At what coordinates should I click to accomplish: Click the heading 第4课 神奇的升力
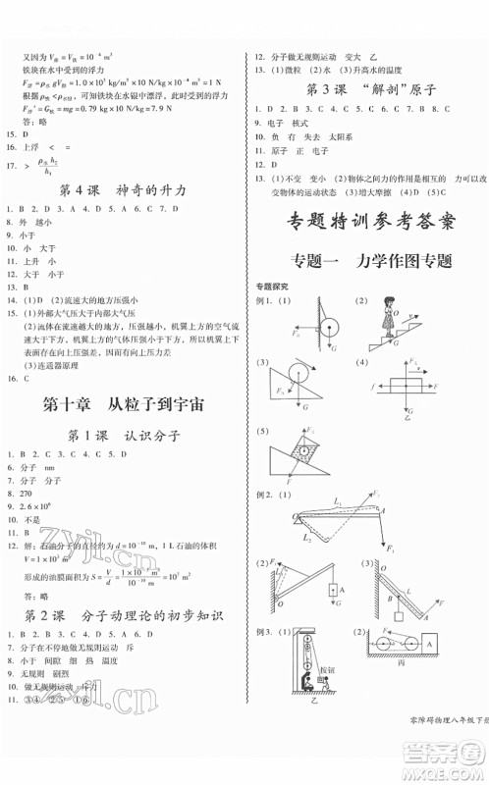coord(123,189)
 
